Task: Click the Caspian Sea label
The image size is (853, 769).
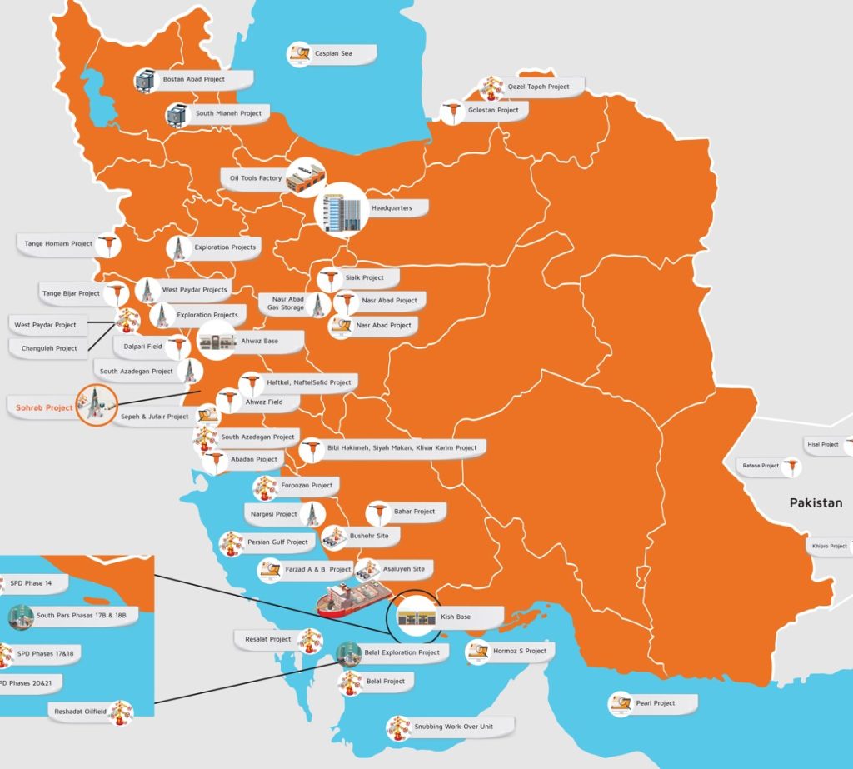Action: pyautogui.click(x=333, y=54)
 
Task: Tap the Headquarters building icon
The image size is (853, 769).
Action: pyautogui.click(x=341, y=210)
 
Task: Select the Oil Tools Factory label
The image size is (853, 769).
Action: pyautogui.click(x=256, y=178)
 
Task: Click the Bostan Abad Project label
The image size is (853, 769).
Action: pyautogui.click(x=194, y=80)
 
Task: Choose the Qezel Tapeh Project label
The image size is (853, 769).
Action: pyautogui.click(x=538, y=87)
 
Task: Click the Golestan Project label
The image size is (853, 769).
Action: pyautogui.click(x=493, y=110)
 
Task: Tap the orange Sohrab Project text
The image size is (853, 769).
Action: pyautogui.click(x=44, y=408)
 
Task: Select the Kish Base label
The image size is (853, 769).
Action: pyautogui.click(x=456, y=617)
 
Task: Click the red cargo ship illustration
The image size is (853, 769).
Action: pyautogui.click(x=353, y=598)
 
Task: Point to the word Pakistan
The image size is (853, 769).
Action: pyautogui.click(x=816, y=503)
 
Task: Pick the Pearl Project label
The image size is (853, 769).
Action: pyautogui.click(x=655, y=703)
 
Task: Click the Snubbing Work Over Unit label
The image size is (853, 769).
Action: pyautogui.click(x=453, y=727)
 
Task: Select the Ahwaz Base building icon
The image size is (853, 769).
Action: pyautogui.click(x=217, y=342)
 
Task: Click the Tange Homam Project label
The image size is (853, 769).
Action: pyautogui.click(x=58, y=244)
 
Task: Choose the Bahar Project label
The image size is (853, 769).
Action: pyautogui.click(x=414, y=512)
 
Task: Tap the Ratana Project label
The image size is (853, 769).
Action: pyautogui.click(x=758, y=466)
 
